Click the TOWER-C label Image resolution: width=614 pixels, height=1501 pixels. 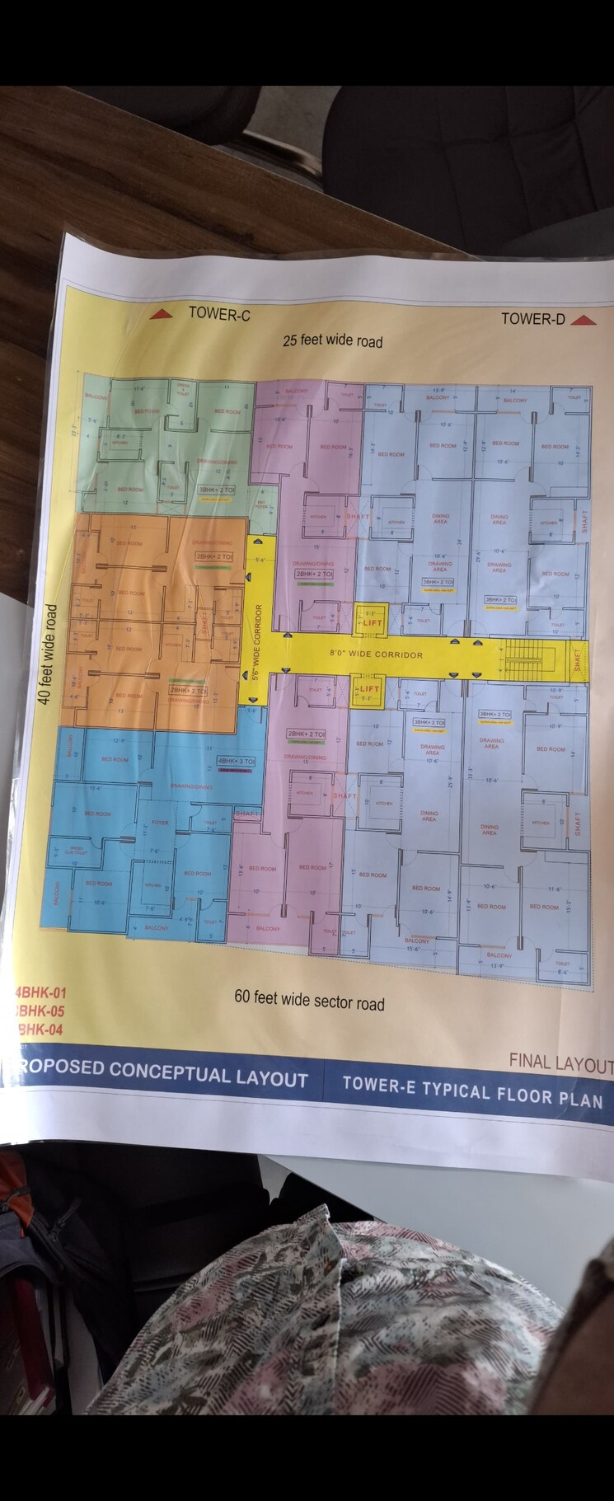pyautogui.click(x=218, y=314)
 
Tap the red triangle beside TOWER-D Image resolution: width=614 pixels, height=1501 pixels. pyautogui.click(x=583, y=321)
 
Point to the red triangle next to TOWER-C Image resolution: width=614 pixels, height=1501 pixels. pyautogui.click(x=161, y=313)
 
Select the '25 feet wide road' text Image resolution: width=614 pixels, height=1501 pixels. pyautogui.click(x=332, y=340)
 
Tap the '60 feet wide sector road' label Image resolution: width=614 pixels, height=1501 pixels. pyautogui.click(x=309, y=1000)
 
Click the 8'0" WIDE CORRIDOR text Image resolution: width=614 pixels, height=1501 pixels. pyautogui.click(x=376, y=654)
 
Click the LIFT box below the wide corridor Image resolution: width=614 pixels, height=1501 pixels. pyautogui.click(x=368, y=690)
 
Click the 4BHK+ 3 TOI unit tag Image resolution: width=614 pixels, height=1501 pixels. pyautogui.click(x=236, y=761)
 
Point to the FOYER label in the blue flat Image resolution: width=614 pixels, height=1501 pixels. pyautogui.click(x=160, y=822)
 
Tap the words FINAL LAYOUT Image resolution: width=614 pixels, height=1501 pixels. pyautogui.click(x=560, y=1062)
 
